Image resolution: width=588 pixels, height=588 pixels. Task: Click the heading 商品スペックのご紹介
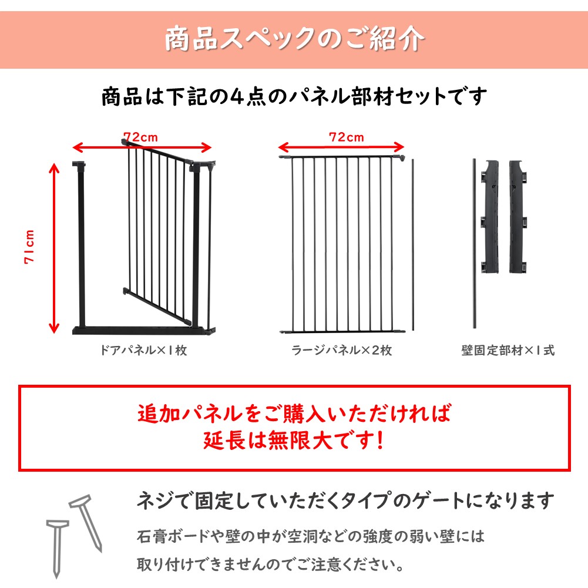click(295, 39)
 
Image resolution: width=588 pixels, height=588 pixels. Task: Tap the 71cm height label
click(29, 247)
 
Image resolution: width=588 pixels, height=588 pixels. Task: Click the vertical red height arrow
click(55, 248)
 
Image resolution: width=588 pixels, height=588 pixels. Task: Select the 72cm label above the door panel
click(140, 137)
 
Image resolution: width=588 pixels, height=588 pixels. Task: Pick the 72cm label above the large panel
click(347, 137)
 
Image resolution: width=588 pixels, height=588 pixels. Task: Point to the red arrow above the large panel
click(341, 147)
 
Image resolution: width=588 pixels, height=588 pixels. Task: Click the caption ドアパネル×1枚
click(144, 350)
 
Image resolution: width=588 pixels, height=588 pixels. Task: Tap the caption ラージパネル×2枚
click(342, 350)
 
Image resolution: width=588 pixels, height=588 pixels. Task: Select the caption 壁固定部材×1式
click(508, 350)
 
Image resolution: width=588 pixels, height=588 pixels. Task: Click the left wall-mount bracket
click(490, 216)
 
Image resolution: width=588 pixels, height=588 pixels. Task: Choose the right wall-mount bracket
click(518, 216)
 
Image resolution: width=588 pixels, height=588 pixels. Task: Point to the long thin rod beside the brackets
click(475, 243)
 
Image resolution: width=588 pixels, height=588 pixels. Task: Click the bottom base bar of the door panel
click(144, 330)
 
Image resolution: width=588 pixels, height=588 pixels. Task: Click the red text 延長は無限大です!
click(294, 440)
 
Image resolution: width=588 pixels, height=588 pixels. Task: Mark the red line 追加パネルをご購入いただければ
click(294, 414)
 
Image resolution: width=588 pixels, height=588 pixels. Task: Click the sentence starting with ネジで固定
click(345, 500)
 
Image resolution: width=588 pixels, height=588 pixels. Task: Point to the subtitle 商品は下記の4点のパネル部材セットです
click(294, 97)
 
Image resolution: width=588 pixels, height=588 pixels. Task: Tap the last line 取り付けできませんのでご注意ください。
click(270, 565)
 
